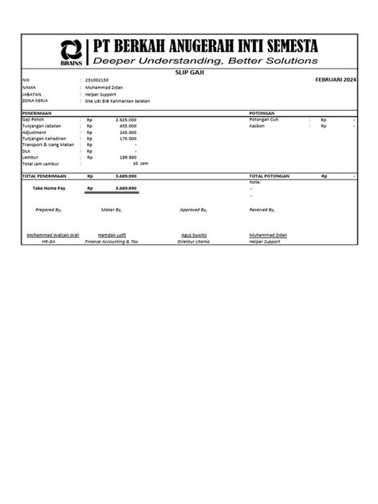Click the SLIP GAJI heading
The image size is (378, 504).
189,73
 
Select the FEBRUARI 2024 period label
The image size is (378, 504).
336,81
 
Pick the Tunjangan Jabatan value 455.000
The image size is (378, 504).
128,126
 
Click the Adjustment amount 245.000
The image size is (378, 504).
128,132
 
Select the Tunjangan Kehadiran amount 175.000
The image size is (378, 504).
128,139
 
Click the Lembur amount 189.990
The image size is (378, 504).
128,157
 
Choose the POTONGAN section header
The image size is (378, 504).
262,113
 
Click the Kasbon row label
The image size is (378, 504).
258,126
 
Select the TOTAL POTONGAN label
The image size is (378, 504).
270,175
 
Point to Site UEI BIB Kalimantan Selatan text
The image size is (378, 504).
117,101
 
